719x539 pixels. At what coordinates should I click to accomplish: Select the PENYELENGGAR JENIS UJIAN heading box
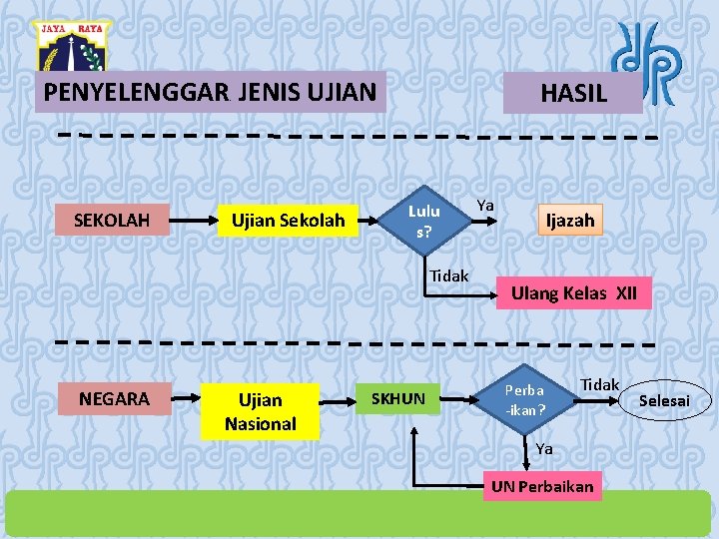pyautogui.click(x=210, y=93)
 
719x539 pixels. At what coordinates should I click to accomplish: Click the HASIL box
pyautogui.click(x=572, y=94)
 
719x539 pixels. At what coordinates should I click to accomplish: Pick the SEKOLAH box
pyautogui.click(x=112, y=220)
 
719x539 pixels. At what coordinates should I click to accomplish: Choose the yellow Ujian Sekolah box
pyautogui.click(x=288, y=220)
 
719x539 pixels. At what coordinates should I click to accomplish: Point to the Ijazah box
pyautogui.click(x=569, y=220)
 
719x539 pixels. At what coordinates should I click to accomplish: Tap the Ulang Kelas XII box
pyautogui.click(x=573, y=293)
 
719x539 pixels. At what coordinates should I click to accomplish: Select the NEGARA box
pyautogui.click(x=114, y=399)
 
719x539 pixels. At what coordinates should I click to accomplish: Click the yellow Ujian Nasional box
pyautogui.click(x=260, y=411)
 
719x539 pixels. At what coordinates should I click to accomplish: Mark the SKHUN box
pyautogui.click(x=398, y=399)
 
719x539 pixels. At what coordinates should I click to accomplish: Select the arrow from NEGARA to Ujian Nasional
pyautogui.click(x=186, y=399)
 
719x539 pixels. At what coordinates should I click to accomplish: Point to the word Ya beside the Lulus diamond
pyautogui.click(x=485, y=205)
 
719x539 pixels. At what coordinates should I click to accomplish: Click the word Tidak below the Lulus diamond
pyautogui.click(x=448, y=275)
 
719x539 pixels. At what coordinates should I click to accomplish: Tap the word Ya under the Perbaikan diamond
pyautogui.click(x=543, y=449)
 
